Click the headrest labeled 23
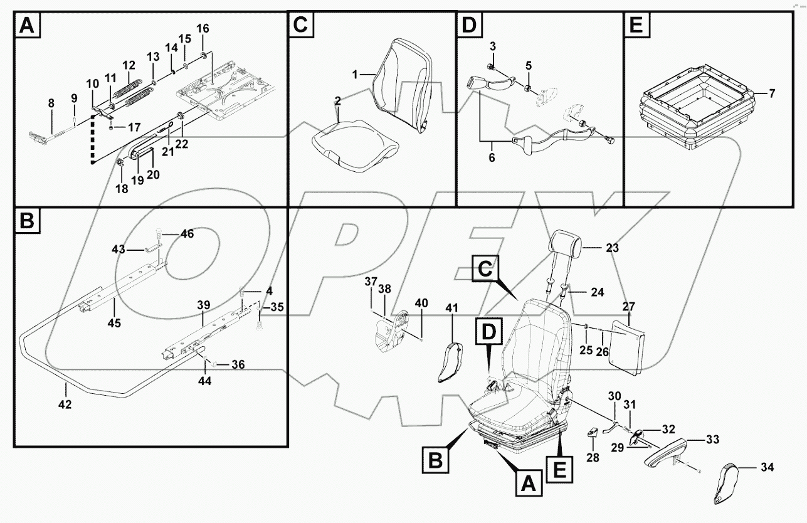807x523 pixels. coord(567,241)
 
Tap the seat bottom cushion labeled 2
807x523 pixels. coord(354,148)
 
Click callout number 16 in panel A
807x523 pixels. coord(203,29)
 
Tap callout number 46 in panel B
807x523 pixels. coord(187,234)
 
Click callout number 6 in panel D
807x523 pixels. coord(492,158)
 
